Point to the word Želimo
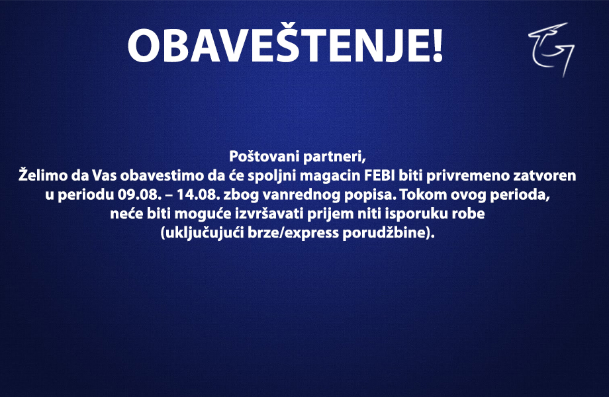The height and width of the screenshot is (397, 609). [x=43, y=175]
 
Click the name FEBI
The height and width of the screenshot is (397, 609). [x=379, y=176]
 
